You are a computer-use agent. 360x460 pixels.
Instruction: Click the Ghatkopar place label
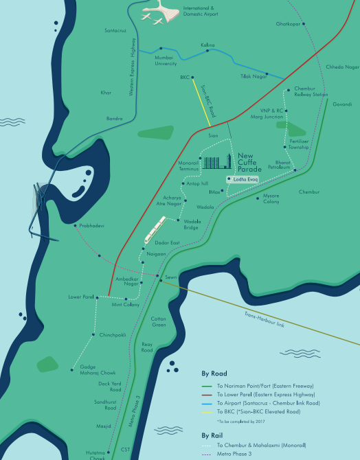tap(289, 24)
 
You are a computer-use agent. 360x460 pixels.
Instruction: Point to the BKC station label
tap(184, 78)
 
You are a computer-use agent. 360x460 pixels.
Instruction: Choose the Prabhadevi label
tap(90, 226)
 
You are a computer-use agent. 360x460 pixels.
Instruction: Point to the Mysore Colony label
tap(271, 199)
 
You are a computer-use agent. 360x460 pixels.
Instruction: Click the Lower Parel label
tap(80, 297)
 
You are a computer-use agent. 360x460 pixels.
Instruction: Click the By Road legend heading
tap(214, 375)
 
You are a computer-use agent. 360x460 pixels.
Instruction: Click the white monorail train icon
tap(155, 229)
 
